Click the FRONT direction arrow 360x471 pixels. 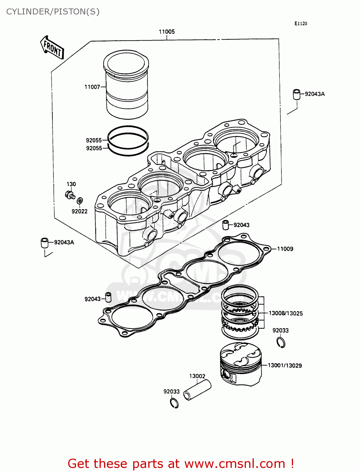click(52, 48)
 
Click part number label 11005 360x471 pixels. click(167, 32)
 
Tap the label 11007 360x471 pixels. click(92, 87)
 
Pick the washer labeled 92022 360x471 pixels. click(80, 200)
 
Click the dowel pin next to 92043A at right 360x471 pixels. click(297, 94)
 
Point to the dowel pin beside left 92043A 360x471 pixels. click(45, 243)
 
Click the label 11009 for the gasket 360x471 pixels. click(285, 249)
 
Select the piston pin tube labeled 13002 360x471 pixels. click(197, 390)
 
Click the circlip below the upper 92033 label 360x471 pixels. click(281, 342)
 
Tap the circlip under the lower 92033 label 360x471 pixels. click(174, 403)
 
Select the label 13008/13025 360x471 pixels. click(286, 313)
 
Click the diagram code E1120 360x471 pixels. click(301, 24)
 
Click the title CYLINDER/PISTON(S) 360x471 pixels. click(53, 12)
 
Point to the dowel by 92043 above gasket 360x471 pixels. click(226, 225)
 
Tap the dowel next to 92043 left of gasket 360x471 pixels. click(108, 297)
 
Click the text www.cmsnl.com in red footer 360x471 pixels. click(234, 463)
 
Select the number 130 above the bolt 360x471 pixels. click(71, 184)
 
